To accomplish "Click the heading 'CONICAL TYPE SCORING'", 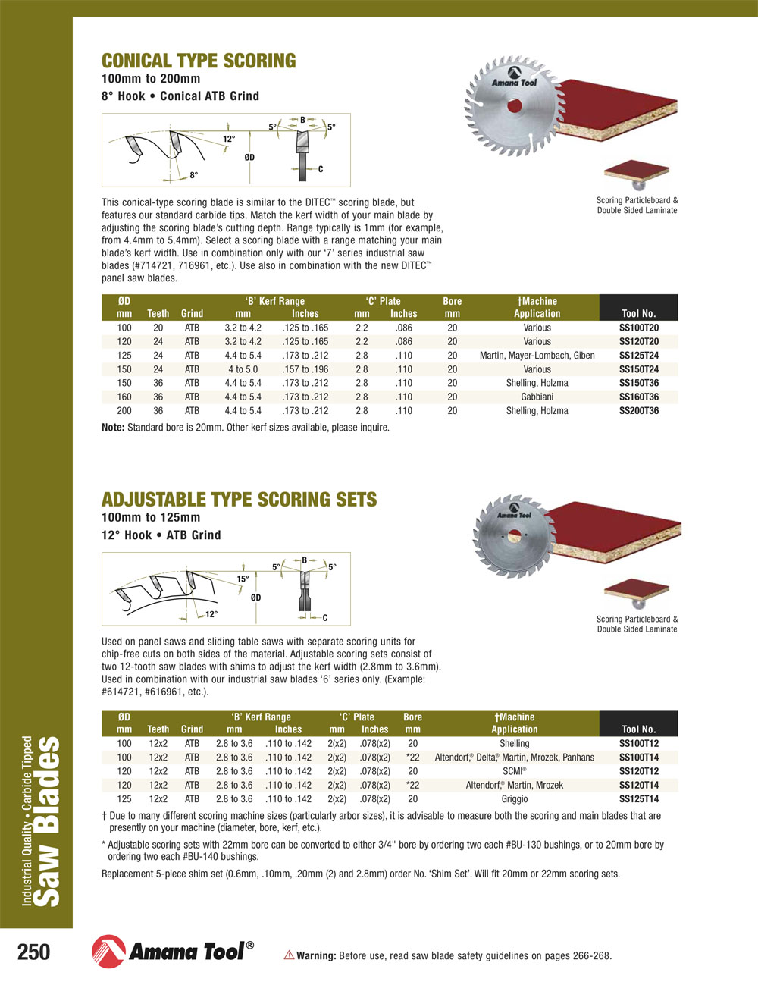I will click(199, 61).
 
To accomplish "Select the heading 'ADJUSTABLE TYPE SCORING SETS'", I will click(239, 500).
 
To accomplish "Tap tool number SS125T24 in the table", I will click(638, 356).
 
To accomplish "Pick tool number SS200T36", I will click(638, 411).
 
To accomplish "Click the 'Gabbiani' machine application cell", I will click(537, 397).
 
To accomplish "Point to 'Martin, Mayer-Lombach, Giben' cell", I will click(537, 356).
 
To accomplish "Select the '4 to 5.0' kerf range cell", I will click(243, 369).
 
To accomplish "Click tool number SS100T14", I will click(638, 758).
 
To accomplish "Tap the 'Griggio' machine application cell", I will click(514, 798).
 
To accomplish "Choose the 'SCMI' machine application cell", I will click(514, 771).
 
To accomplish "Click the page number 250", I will click(33, 952).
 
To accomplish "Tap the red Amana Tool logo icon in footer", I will click(108, 952).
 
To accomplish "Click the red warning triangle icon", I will click(289, 955).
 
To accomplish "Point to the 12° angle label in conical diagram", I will click(229, 140).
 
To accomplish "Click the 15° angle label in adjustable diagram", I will click(243, 579).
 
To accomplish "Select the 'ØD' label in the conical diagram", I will click(249, 158).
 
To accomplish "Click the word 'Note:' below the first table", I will click(113, 428).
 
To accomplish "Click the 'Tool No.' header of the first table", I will click(638, 313).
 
